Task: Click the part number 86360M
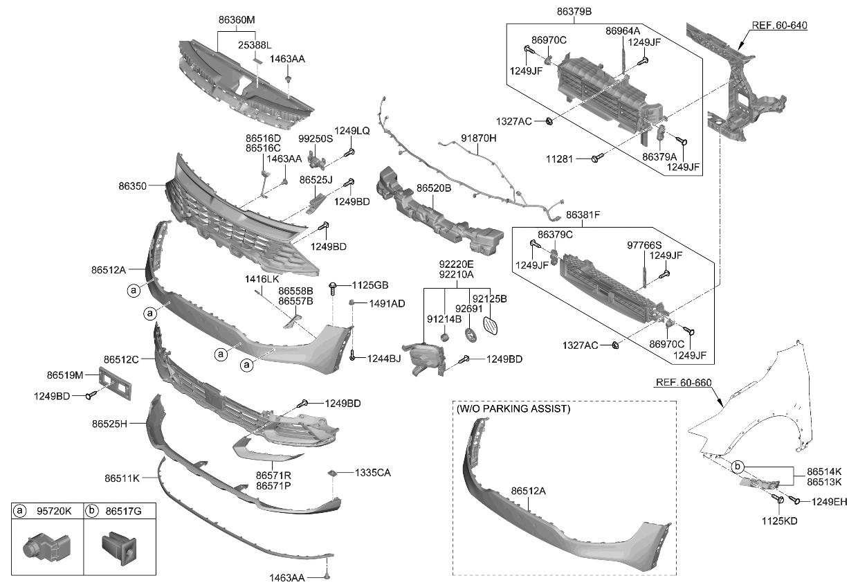click(236, 21)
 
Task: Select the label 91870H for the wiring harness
click(479, 138)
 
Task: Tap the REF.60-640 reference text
click(779, 26)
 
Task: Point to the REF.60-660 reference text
click(683, 383)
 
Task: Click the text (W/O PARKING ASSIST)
click(513, 409)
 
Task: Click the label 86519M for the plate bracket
click(65, 375)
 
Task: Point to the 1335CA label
click(373, 473)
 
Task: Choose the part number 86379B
click(574, 12)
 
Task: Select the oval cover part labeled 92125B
click(491, 326)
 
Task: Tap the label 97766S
click(644, 245)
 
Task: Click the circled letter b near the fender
click(738, 466)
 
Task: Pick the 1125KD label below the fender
click(779, 521)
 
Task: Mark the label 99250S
click(316, 138)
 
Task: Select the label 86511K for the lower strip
click(122, 478)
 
